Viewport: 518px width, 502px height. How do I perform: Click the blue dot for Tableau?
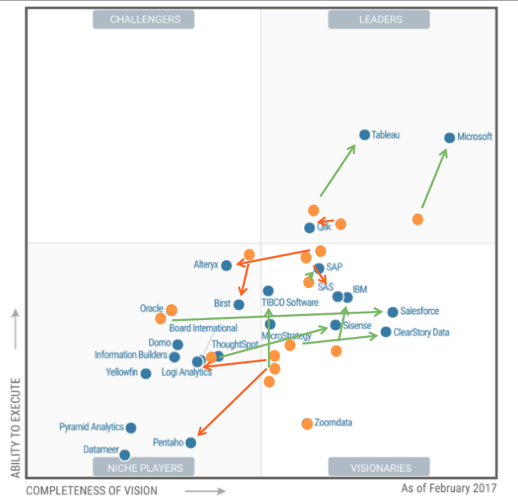pyautogui.click(x=365, y=135)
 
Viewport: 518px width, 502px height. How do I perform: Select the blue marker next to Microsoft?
pyautogui.click(x=450, y=137)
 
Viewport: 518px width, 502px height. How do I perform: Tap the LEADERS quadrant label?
pyautogui.click(x=379, y=19)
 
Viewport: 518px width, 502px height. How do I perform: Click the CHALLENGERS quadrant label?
pyautogui.click(x=143, y=19)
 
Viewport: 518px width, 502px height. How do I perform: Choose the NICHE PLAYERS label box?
pyautogui.click(x=143, y=467)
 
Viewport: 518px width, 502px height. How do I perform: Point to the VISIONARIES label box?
pyautogui.click(x=379, y=467)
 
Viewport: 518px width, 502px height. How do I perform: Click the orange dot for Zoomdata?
pyautogui.click(x=307, y=423)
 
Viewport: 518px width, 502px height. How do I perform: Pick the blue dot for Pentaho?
pyautogui.click(x=191, y=442)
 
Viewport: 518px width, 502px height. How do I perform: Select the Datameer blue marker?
pyautogui.click(x=125, y=455)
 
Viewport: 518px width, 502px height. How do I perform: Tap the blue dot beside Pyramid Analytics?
pyautogui.click(x=131, y=428)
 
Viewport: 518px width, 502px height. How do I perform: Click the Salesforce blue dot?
pyautogui.click(x=393, y=312)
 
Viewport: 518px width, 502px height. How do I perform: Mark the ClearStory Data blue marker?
pyautogui.click(x=386, y=332)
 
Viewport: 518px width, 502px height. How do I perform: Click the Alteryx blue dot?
pyautogui.click(x=226, y=265)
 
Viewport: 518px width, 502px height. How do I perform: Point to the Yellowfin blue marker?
pyautogui.click(x=146, y=373)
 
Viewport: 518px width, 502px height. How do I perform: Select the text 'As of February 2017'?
pyautogui.click(x=449, y=488)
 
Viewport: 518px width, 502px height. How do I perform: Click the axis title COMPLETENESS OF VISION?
pyautogui.click(x=91, y=489)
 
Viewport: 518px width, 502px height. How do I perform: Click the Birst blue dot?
pyautogui.click(x=239, y=304)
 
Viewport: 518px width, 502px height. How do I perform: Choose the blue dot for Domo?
pyautogui.click(x=178, y=344)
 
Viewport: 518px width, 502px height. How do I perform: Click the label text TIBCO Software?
pyautogui.click(x=290, y=302)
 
